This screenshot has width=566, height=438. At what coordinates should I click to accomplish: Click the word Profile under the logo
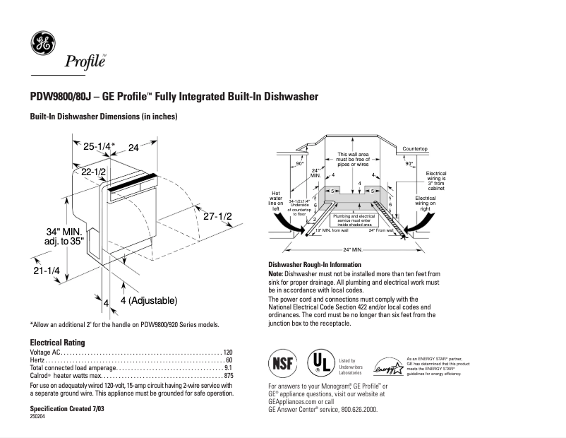tap(85, 62)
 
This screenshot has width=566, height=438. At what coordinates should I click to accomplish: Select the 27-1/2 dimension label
tap(217, 217)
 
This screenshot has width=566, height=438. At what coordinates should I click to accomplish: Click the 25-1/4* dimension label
tap(99, 147)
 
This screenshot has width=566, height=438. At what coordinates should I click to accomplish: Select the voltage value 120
tap(227, 352)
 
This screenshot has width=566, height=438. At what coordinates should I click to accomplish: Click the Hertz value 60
tap(229, 360)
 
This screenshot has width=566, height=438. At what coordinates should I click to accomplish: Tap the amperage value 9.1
tap(228, 368)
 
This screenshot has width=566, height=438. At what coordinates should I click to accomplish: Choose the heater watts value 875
tap(227, 376)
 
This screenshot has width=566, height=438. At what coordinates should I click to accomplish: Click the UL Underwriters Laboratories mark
tap(319, 364)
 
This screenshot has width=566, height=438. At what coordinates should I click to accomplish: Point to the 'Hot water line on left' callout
tap(277, 201)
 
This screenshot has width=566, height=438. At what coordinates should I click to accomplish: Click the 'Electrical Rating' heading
tap(58, 342)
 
